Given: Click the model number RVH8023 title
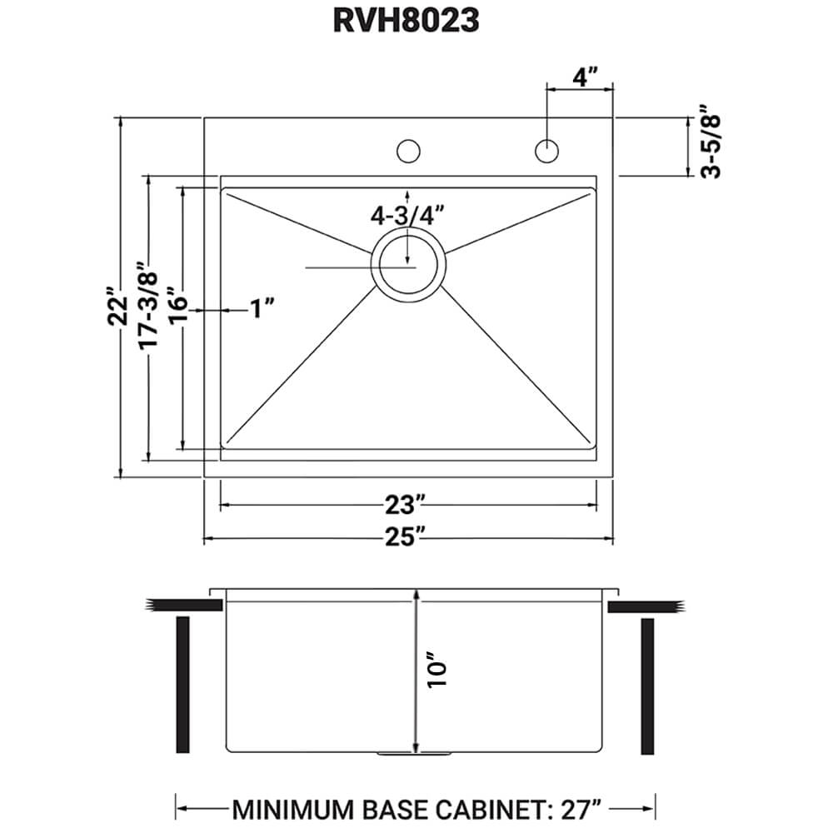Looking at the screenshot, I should (x=406, y=21).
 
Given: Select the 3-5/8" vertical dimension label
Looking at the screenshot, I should (x=711, y=142).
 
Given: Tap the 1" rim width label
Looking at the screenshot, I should (x=262, y=310).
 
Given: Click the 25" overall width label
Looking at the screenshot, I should (x=407, y=538).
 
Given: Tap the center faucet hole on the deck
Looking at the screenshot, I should (x=408, y=151).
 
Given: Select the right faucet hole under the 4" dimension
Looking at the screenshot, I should (x=546, y=151).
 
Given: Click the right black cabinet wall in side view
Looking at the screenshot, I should (x=648, y=685).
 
